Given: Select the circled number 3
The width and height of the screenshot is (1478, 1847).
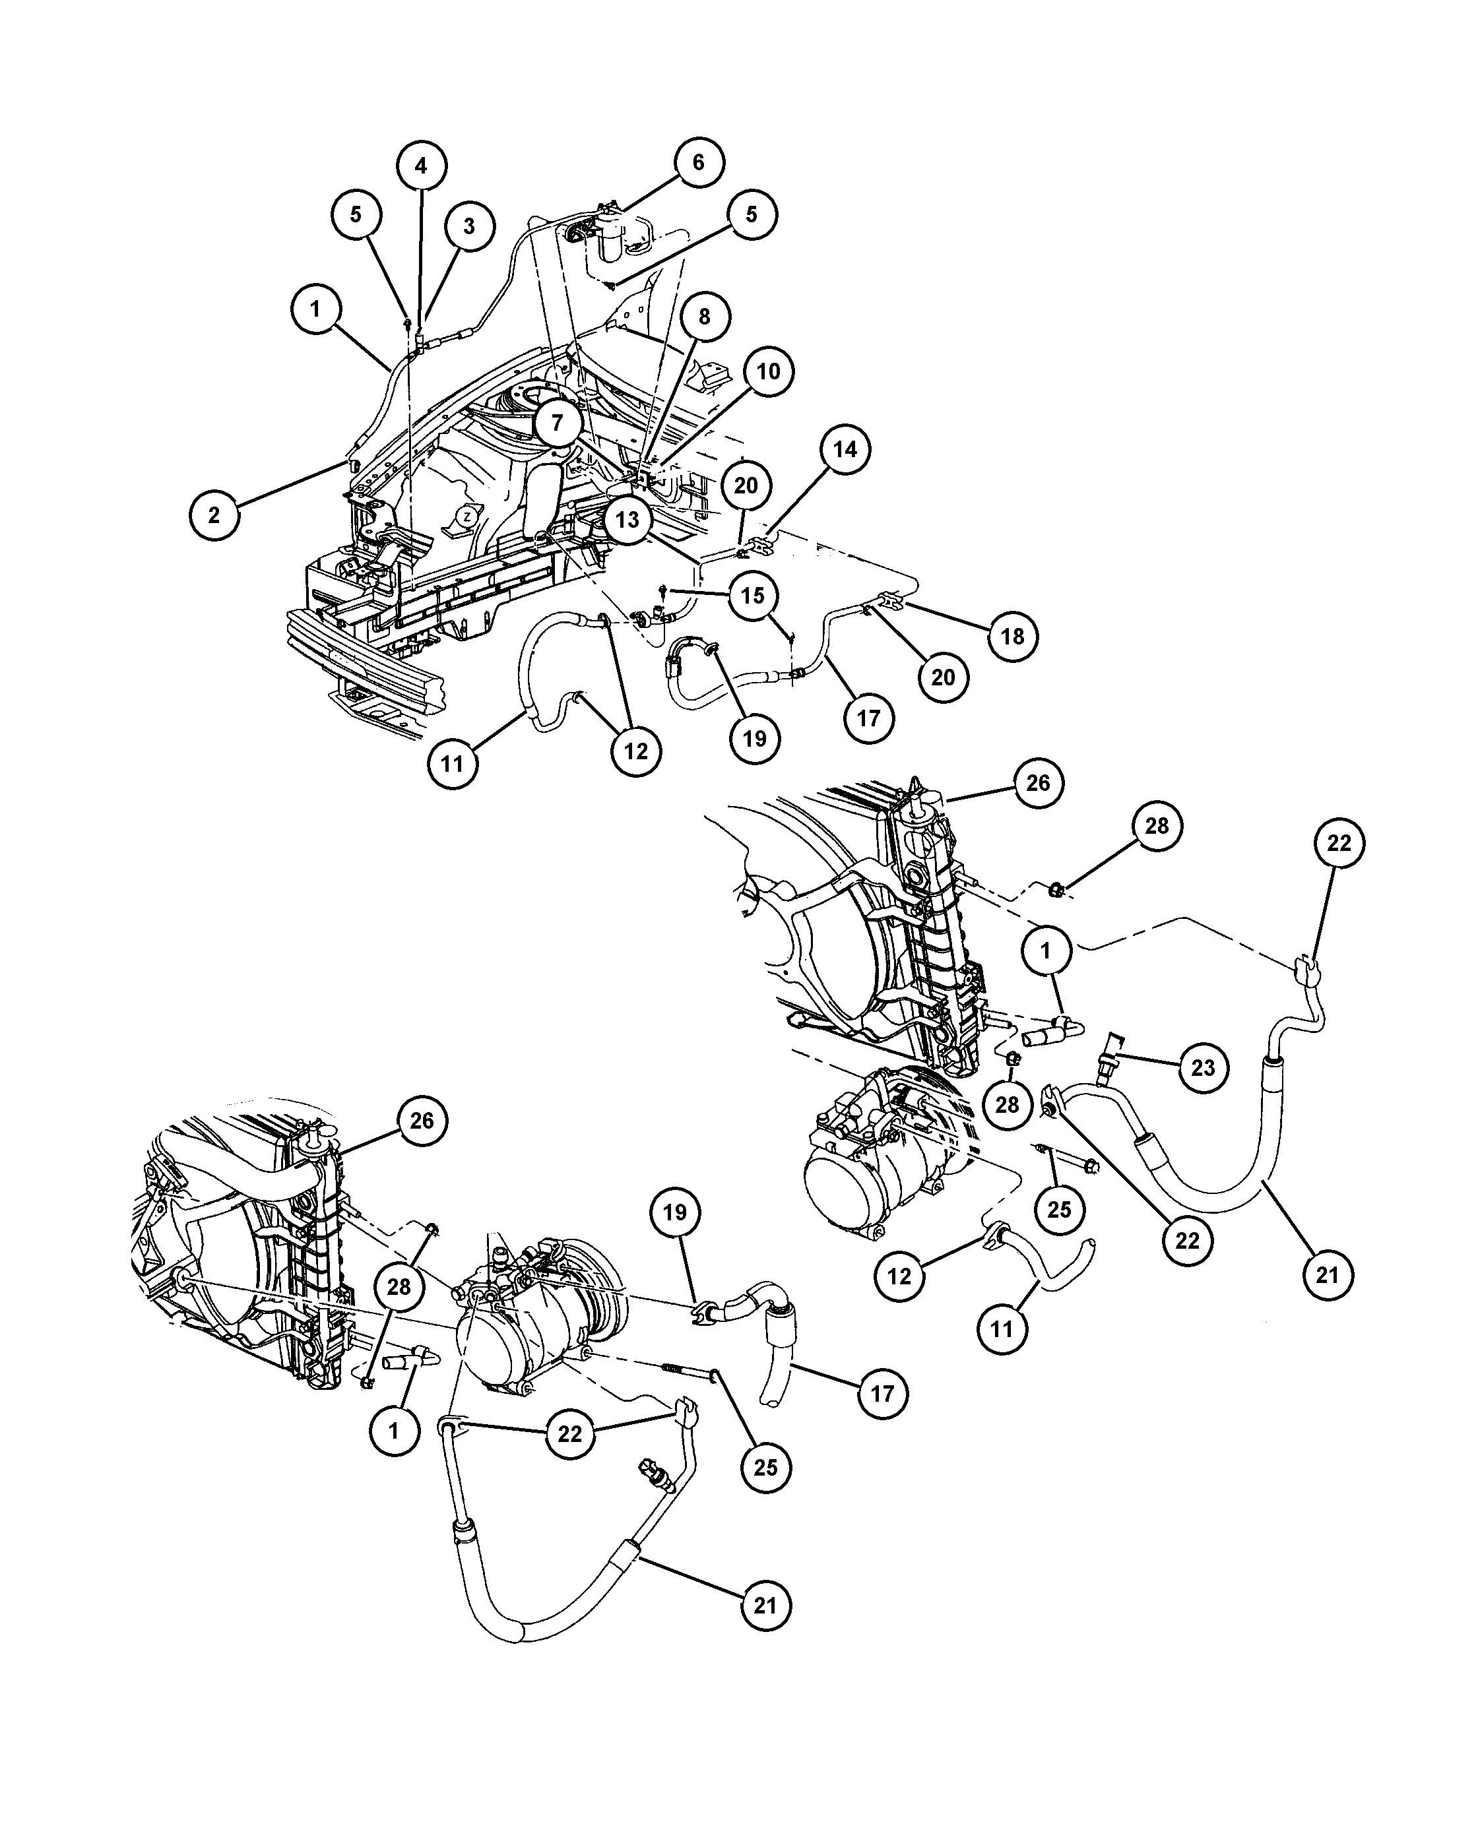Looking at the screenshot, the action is coord(468,226).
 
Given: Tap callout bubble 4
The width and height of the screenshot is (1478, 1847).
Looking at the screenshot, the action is coord(421,166).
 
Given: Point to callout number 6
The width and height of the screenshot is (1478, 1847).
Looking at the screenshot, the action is coord(698,162).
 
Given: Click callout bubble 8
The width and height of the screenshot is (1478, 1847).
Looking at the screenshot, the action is coord(704,317).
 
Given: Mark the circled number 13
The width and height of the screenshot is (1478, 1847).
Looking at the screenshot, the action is coord(627,519).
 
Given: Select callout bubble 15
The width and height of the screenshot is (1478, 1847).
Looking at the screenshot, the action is coord(752,596).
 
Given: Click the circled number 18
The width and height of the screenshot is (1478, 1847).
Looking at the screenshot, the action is coord(1013,636).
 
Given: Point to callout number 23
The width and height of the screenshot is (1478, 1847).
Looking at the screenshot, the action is coord(1203,1067).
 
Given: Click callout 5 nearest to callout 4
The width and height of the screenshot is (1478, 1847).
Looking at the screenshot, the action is coord(356,214).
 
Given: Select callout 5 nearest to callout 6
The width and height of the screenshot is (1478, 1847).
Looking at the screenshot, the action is coord(752,214).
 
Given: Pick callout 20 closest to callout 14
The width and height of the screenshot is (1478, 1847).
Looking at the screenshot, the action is coord(746,485).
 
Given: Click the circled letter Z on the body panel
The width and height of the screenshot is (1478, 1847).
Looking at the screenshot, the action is coord(466,517).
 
